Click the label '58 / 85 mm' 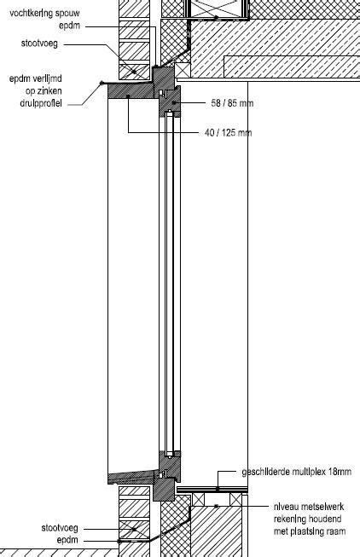point(232,103)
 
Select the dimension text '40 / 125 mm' point(228,133)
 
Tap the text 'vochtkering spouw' point(44,14)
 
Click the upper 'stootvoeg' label point(39,44)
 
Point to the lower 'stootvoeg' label point(60,528)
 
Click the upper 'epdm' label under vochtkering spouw point(69,26)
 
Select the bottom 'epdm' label point(67,540)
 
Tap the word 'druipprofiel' point(41,103)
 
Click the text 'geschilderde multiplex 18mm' point(296,472)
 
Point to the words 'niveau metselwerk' point(309,507)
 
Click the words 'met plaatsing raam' point(310,531)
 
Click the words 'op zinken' point(44,90)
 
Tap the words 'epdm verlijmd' point(36,78)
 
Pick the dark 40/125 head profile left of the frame point(131,91)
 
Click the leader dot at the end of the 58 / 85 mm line point(174,102)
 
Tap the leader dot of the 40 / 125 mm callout point(128,96)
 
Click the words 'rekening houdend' point(307,519)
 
